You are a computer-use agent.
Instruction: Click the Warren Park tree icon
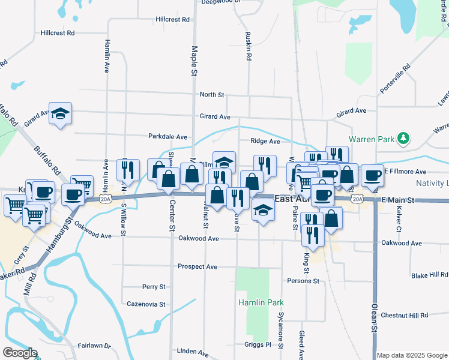pos(404,139)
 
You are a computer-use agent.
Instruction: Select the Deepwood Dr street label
pos(221,2)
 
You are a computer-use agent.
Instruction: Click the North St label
pos(211,95)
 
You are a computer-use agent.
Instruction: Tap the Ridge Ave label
pos(265,142)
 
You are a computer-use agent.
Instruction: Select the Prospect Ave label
pos(197,266)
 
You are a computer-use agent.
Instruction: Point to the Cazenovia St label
pos(146,304)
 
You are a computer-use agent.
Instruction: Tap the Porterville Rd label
pos(394,78)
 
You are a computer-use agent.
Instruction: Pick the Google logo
pos(20,353)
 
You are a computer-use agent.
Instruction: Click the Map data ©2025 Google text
pos(412,355)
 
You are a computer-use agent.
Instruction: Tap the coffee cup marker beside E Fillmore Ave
pos(372,175)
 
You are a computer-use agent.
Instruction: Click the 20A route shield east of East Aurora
pos(358,199)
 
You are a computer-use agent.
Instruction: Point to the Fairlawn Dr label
pos(94,346)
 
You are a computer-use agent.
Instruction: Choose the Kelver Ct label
pos(398,220)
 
